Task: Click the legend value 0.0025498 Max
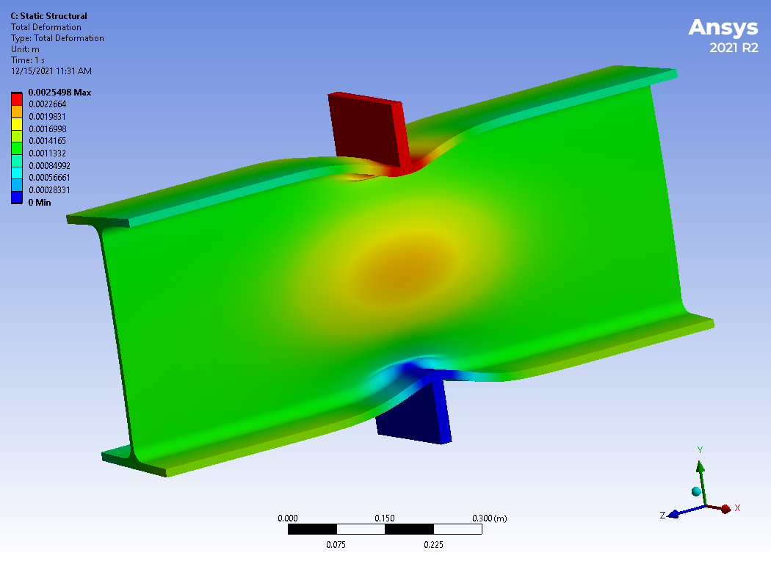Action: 59,93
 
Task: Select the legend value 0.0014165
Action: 47,141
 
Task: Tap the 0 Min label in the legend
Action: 40,203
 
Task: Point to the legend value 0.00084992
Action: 49,166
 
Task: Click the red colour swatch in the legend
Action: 17,99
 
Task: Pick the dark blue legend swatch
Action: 17,197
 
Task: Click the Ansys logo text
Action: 723,28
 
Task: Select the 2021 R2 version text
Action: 734,48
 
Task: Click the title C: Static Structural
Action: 48,16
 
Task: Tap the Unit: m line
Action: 25,49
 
